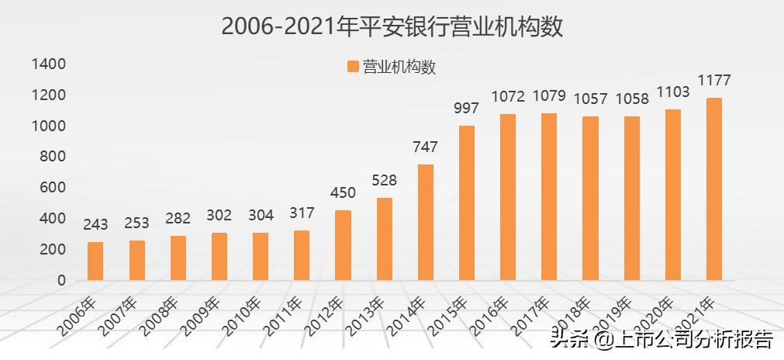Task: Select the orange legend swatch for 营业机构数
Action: [353, 67]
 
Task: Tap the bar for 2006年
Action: [95, 261]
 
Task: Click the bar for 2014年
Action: [425, 222]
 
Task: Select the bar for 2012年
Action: [343, 245]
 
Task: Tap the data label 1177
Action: [714, 81]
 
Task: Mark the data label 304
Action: [261, 216]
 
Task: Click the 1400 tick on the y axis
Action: [49, 64]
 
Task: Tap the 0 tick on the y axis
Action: [61, 280]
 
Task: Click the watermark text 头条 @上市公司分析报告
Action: [661, 339]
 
